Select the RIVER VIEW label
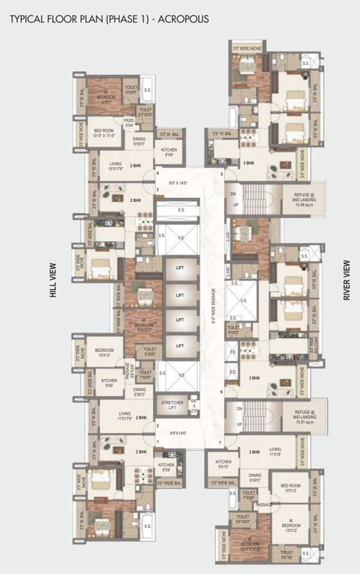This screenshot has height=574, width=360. point(347,281)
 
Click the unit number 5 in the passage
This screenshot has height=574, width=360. point(222,175)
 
